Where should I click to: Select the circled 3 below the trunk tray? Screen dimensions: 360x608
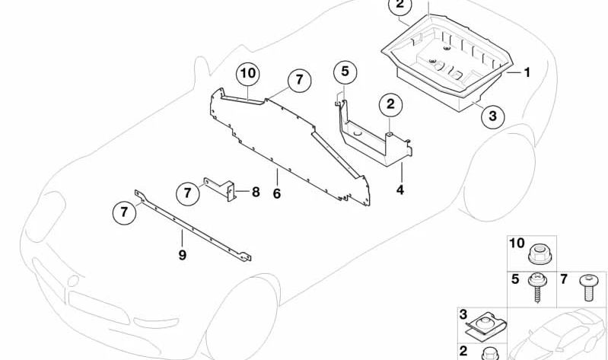pos(492,116)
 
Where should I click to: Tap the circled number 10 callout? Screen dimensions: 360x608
pos(248,75)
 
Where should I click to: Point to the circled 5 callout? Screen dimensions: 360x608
pos(344,72)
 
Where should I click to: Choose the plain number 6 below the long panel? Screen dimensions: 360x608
pos(277,194)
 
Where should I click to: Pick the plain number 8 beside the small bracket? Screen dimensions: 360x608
pos(256,192)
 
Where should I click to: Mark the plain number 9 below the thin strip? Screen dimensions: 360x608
pos(183,255)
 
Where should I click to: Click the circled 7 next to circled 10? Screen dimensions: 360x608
pos(298,80)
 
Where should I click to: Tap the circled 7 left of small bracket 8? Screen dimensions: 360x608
pos(187,193)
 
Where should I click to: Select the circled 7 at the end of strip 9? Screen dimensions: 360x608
pos(123,212)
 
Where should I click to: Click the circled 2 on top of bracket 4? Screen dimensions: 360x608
pos(389,104)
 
